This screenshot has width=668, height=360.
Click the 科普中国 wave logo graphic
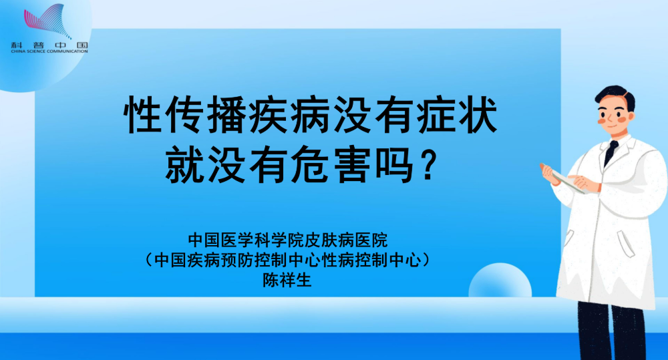(x=46, y=21)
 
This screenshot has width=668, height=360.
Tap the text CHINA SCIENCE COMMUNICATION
(x=49, y=51)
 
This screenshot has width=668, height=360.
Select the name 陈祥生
(x=287, y=281)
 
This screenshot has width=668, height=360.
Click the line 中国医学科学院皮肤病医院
(x=288, y=240)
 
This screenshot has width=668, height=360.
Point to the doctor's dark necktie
(x=611, y=152)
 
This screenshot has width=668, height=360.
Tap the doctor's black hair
(x=616, y=96)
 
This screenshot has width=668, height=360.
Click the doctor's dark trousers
(x=611, y=330)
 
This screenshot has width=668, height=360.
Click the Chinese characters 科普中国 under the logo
(x=49, y=45)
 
